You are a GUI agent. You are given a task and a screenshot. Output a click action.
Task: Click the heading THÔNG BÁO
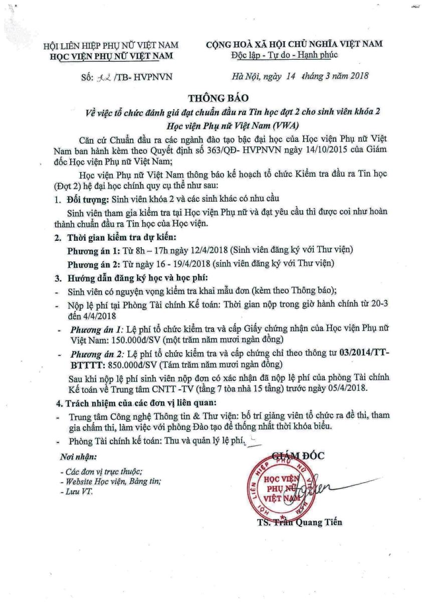point(212,97)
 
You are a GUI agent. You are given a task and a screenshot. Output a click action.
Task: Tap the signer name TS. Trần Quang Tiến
point(299,522)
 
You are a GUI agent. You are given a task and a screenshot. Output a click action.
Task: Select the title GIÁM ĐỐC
point(298,456)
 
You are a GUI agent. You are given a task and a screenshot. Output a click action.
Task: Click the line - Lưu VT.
point(76,492)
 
